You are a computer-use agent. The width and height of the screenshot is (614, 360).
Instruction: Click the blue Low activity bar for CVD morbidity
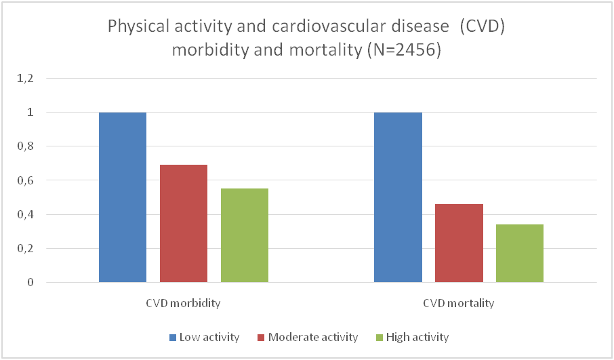(x=123, y=197)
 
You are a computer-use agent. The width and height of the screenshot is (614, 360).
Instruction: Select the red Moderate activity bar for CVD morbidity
(x=184, y=224)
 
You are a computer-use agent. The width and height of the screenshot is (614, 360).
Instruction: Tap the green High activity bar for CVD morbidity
(x=245, y=235)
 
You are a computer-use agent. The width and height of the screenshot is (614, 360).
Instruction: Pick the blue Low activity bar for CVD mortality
(x=398, y=197)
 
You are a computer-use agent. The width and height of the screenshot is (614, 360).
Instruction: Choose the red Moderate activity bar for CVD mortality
(x=459, y=243)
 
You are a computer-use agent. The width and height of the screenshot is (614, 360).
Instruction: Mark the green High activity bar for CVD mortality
(x=520, y=253)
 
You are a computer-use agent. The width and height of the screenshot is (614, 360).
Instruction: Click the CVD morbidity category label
(x=184, y=303)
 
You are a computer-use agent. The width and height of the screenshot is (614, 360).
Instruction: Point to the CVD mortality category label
(x=459, y=303)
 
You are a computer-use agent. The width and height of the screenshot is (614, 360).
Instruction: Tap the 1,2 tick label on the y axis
(x=25, y=78)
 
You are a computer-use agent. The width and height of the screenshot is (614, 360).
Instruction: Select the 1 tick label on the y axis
(x=30, y=112)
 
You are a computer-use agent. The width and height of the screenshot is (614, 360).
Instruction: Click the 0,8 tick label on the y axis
(x=25, y=146)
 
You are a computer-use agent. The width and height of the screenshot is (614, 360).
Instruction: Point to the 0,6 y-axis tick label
(x=25, y=180)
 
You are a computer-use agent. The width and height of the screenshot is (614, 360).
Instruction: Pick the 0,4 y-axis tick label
(x=25, y=214)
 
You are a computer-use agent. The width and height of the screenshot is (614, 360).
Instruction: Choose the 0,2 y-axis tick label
(x=25, y=248)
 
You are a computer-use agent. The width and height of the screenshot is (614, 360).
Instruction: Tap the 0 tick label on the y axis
(x=30, y=282)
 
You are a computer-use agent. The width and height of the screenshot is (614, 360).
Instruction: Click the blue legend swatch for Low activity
(x=172, y=337)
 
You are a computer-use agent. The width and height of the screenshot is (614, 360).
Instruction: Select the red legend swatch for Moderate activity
(x=261, y=337)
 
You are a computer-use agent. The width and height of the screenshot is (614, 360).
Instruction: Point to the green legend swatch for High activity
(x=380, y=337)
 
